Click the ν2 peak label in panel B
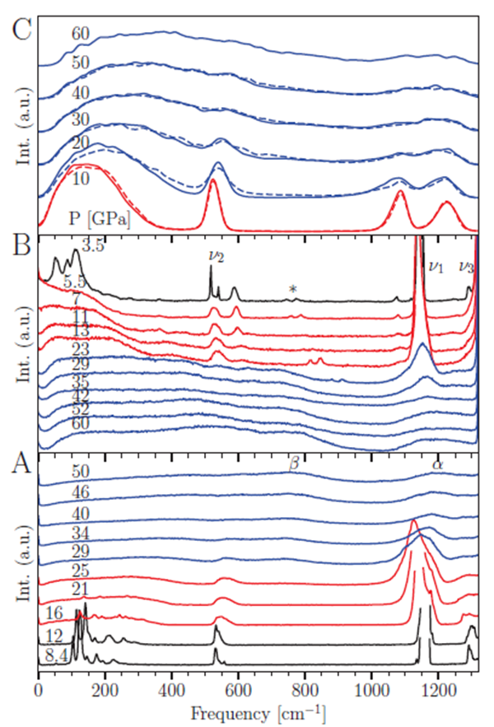[216, 256]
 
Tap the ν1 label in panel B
[436, 266]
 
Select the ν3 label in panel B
[466, 266]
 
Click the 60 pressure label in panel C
[80, 34]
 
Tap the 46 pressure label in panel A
[79, 493]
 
